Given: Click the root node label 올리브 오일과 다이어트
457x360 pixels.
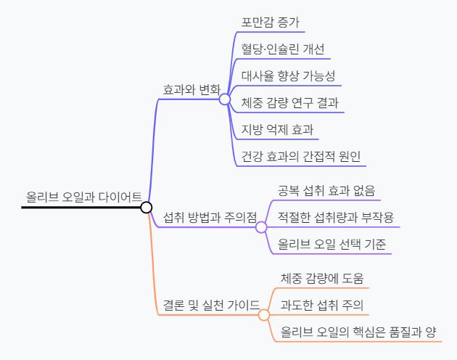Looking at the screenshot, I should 83,196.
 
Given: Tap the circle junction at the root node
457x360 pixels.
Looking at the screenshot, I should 146,208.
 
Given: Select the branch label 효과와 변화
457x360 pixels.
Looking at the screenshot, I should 191,90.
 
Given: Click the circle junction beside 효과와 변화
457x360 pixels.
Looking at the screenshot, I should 225,99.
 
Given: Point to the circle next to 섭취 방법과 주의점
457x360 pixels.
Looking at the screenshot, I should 262,226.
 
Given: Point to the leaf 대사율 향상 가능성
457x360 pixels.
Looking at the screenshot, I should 288,75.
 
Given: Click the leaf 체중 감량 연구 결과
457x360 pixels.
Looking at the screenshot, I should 289,102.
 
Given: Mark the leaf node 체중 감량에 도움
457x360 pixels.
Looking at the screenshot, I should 321,278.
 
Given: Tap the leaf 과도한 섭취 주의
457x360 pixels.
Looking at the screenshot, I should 321,305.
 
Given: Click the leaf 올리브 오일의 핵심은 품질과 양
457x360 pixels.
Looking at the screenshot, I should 358,332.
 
